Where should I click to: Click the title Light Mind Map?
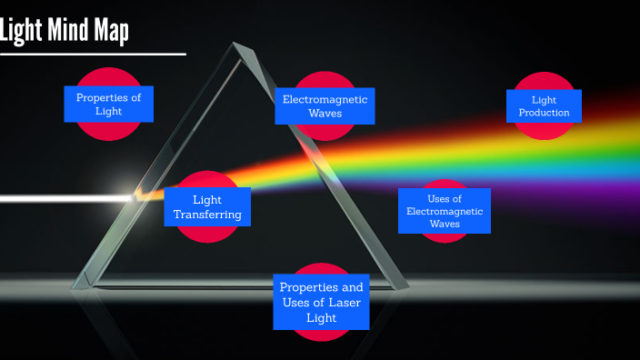[65, 30]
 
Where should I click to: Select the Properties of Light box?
[108, 104]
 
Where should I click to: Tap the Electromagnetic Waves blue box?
[325, 106]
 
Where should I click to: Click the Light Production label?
[544, 105]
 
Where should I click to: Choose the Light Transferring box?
[207, 207]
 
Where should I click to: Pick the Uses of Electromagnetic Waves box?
[445, 211]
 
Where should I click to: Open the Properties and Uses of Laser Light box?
[321, 302]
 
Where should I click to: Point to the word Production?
[544, 113]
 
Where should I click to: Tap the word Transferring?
[207, 215]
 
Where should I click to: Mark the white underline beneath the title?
[91, 54]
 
